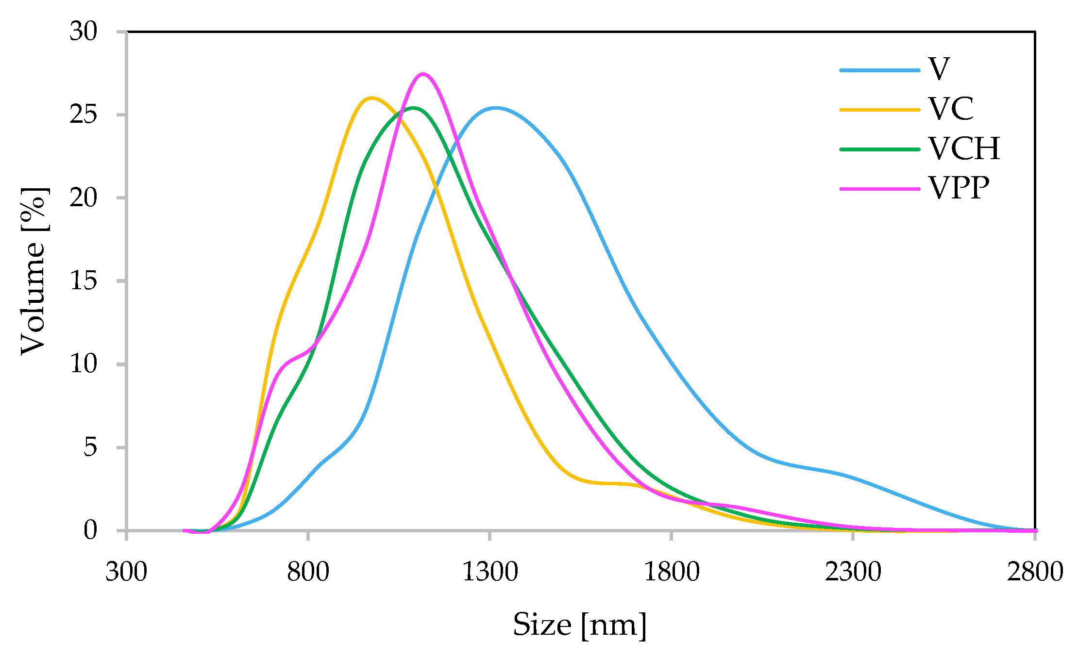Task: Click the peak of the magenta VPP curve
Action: click(x=423, y=74)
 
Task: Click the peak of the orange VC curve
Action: click(x=371, y=98)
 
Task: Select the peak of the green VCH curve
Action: click(x=414, y=108)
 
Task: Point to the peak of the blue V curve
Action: click(x=495, y=108)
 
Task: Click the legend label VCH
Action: click(x=964, y=148)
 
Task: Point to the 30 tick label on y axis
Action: click(x=84, y=32)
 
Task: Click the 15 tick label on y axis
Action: click(x=84, y=281)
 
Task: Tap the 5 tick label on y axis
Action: click(x=90, y=447)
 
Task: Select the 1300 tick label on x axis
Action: click(x=489, y=572)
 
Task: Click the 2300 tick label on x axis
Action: click(x=853, y=572)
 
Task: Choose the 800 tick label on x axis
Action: click(x=308, y=572)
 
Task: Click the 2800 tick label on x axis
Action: click(x=1035, y=572)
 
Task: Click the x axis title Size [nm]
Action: click(x=580, y=625)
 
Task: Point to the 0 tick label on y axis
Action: click(x=90, y=530)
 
